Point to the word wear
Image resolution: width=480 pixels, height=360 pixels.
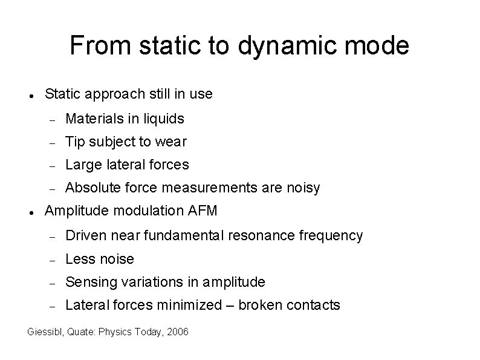tap(172, 142)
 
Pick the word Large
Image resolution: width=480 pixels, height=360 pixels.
tap(82, 165)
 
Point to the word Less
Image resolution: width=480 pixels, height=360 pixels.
tap(78, 259)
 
